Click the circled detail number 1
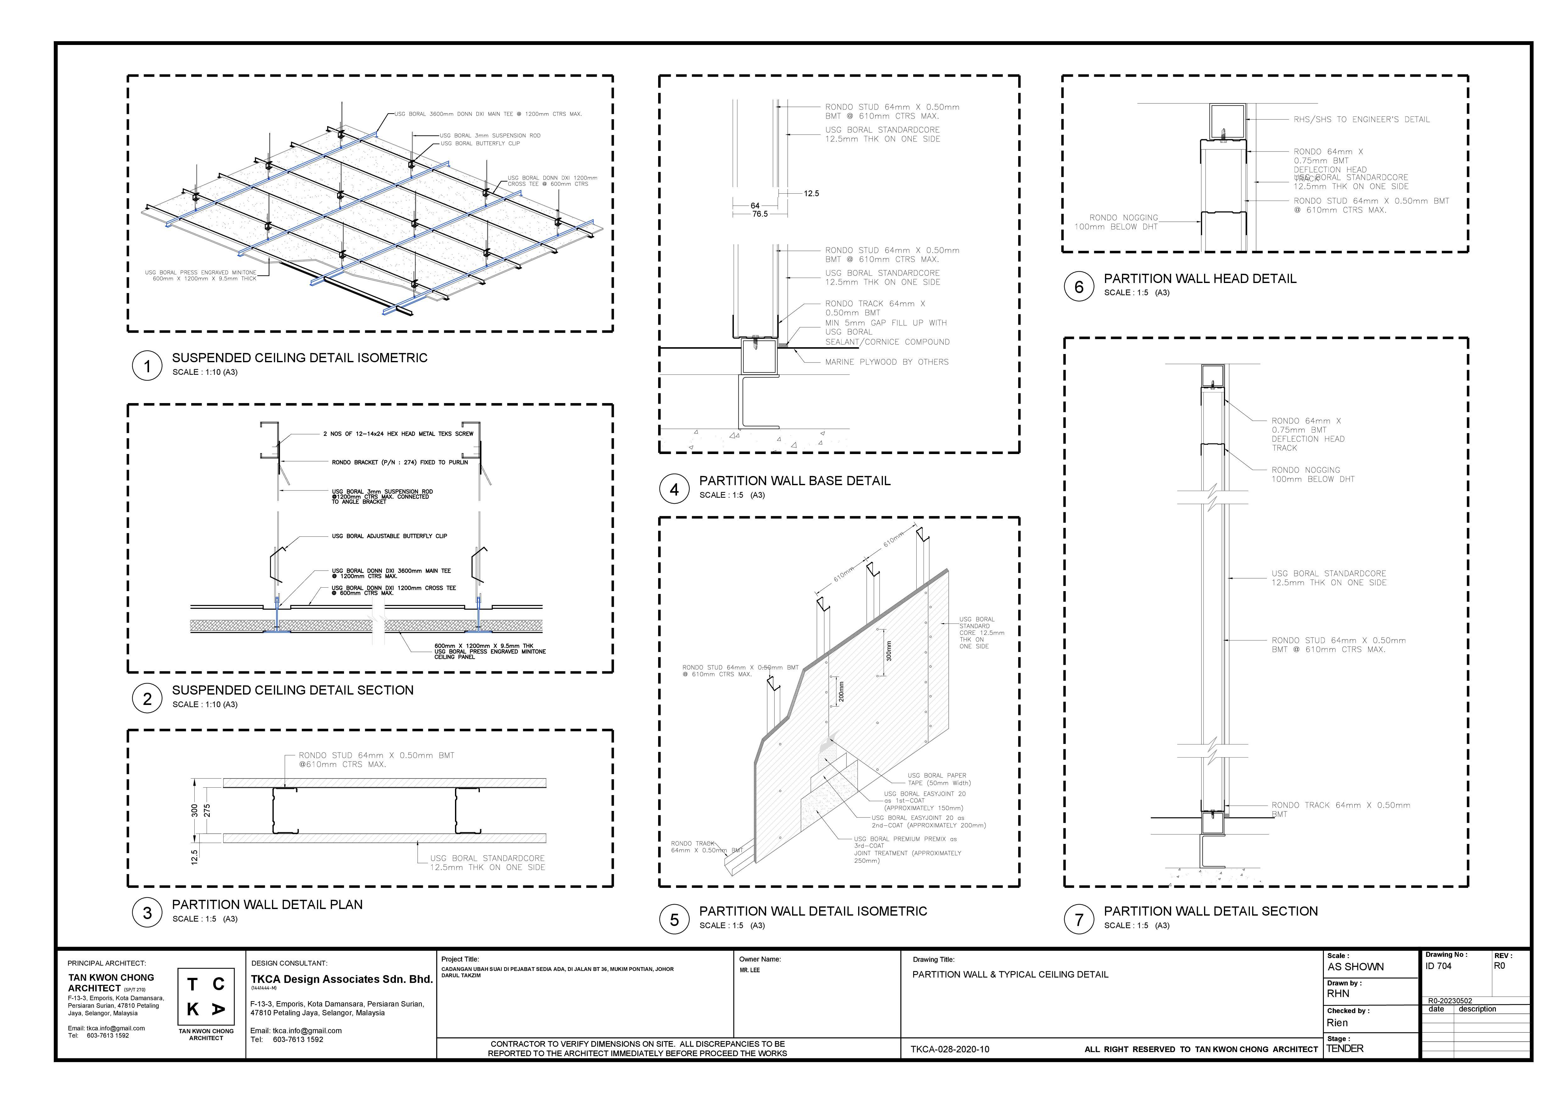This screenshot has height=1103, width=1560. tap(147, 366)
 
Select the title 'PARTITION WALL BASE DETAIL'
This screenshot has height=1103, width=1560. tap(794, 481)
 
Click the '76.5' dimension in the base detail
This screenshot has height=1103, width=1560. tap(760, 214)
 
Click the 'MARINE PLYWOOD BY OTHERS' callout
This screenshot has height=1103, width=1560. tap(887, 362)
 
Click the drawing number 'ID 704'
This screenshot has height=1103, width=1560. tap(1438, 966)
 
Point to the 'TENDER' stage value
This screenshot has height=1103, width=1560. tap(1345, 1049)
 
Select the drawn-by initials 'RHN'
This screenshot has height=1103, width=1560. tap(1338, 994)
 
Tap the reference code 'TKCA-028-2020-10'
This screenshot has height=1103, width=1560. tap(949, 1049)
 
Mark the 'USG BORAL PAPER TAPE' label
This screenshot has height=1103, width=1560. tap(937, 779)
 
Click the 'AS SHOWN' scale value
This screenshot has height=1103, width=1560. tap(1355, 967)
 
